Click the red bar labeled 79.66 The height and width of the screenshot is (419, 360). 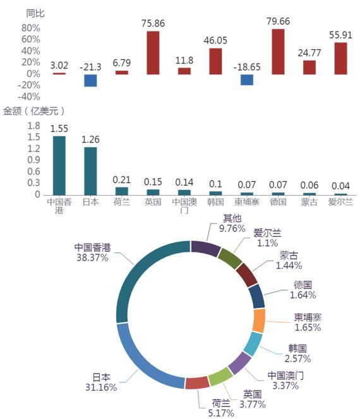pyautogui.click(x=278, y=52)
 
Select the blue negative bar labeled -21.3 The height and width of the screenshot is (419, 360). pyautogui.click(x=90, y=80)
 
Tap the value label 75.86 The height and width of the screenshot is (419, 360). pyautogui.click(x=153, y=23)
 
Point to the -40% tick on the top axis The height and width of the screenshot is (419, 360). pyautogui.click(x=29, y=97)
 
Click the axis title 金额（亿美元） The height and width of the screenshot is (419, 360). pyautogui.click(x=34, y=111)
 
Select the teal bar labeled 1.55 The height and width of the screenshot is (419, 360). pyautogui.click(x=59, y=166)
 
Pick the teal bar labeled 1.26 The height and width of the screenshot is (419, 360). pyautogui.click(x=90, y=171)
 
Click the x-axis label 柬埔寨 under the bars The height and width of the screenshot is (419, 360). pyautogui.click(x=246, y=202)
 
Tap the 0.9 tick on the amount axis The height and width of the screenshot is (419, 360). pyautogui.click(x=33, y=160)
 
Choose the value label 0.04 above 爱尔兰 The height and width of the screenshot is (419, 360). pyautogui.click(x=340, y=186)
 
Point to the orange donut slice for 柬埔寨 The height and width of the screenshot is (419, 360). pyautogui.click(x=259, y=321)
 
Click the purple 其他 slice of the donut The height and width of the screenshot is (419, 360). pyautogui.click(x=205, y=248)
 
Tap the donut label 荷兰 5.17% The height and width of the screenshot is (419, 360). pyautogui.click(x=221, y=408)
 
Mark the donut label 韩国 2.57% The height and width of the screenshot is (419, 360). pyautogui.click(x=297, y=353)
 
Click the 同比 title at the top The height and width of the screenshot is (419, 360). pyautogui.click(x=35, y=13)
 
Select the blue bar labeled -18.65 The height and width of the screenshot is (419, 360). pyautogui.click(x=246, y=80)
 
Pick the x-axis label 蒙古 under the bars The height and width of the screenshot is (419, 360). pyautogui.click(x=309, y=202)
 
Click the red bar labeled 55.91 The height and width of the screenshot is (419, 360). pyautogui.click(x=340, y=58)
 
